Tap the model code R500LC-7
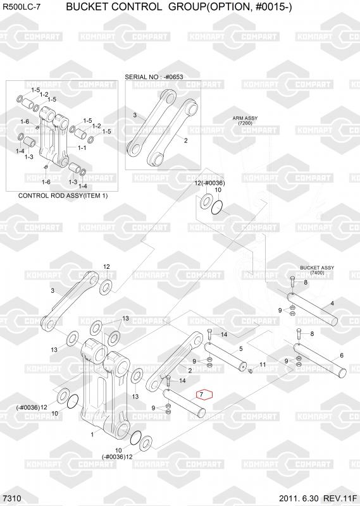[22, 7]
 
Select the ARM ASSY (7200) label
[245, 121]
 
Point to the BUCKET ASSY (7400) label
[317, 270]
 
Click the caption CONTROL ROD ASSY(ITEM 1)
[63, 196]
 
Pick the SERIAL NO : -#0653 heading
[154, 77]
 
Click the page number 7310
[11, 498]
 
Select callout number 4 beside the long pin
[332, 304]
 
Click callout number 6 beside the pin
[342, 355]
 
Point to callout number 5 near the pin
[240, 349]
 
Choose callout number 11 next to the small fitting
[263, 365]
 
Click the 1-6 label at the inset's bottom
[46, 182]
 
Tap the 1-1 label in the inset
[82, 147]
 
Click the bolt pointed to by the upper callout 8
[292, 283]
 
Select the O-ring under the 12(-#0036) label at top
[218, 207]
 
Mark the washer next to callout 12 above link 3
[106, 287]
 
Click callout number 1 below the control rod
[92, 435]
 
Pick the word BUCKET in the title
[85, 6]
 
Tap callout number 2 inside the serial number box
[185, 140]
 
